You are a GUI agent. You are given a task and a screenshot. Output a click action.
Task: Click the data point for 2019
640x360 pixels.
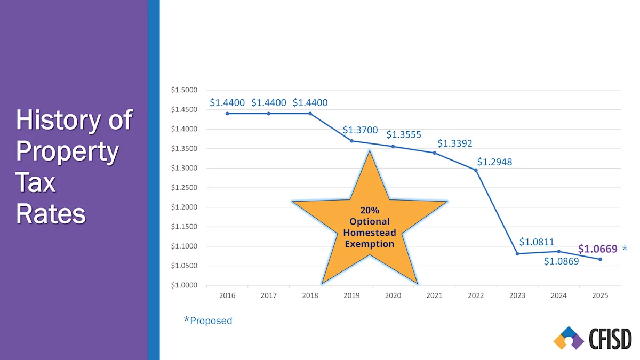351,141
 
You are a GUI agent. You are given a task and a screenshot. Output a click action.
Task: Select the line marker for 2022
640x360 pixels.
476,170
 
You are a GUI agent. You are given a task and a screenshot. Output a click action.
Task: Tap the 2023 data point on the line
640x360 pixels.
517,253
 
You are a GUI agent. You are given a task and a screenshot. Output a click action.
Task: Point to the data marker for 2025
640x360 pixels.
600,259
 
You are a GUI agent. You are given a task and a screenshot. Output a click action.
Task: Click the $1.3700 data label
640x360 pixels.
360,130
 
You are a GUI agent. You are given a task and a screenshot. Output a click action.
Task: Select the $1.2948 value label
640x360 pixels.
494,162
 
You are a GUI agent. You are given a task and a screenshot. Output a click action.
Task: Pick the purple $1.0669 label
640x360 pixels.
597,249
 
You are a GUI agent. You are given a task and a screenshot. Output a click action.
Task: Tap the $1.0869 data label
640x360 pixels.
561,261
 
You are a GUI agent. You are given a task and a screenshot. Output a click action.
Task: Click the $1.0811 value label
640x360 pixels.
537,242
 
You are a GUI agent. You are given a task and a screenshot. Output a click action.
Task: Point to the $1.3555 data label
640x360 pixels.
404,134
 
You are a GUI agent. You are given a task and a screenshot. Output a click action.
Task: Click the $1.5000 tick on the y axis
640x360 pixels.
184,90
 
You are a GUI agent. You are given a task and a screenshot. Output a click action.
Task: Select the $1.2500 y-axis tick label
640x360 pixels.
184,188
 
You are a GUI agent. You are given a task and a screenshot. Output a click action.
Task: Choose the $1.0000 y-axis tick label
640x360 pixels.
184,285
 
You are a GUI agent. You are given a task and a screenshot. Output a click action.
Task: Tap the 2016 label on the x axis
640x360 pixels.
227,295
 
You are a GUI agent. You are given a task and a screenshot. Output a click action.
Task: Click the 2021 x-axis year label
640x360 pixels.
434,295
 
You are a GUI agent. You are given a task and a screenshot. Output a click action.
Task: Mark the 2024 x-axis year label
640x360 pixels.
558,295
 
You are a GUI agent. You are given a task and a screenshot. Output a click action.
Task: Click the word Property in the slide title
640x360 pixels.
67,151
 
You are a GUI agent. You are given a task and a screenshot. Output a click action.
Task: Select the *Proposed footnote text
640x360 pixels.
208,321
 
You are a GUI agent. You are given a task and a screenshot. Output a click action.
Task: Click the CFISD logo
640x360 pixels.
592,339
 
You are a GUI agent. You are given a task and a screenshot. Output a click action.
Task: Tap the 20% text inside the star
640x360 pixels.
369,210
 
